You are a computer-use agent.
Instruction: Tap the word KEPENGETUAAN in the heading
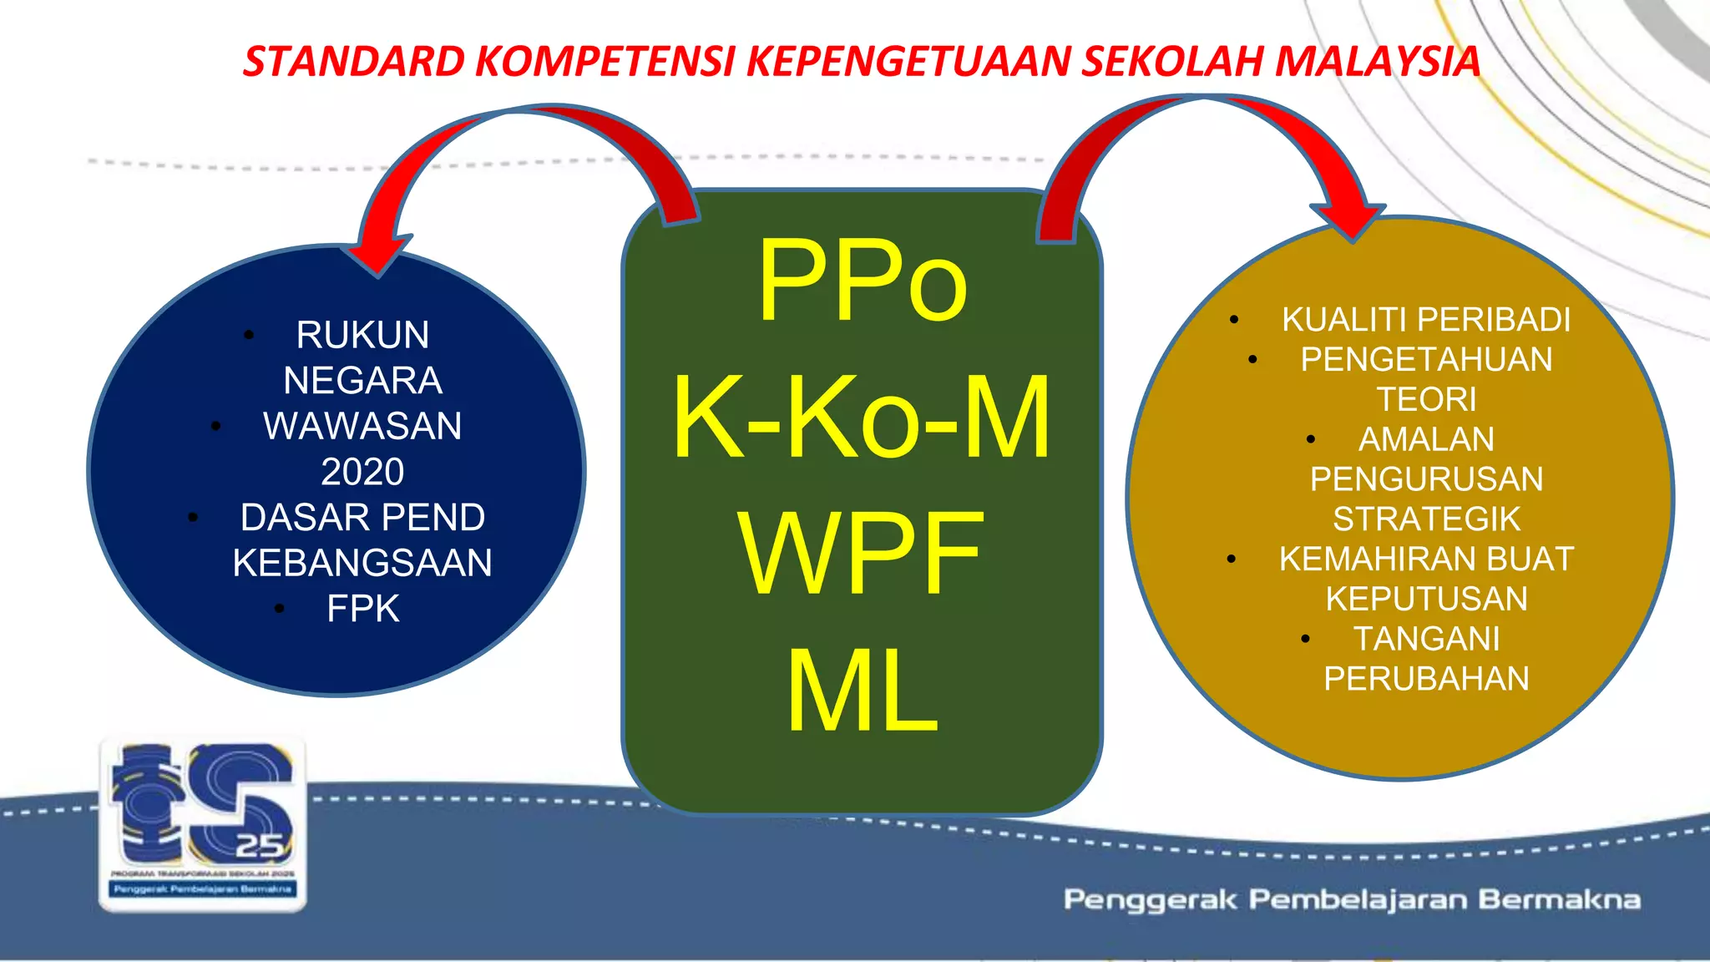pyautogui.click(x=907, y=62)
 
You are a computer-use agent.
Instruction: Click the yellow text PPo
pyautogui.click(x=863, y=281)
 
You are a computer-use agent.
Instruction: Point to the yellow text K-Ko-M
pyautogui.click(x=862, y=418)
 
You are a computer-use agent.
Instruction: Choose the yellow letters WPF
pyautogui.click(x=862, y=554)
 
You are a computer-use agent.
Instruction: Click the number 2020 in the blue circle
pyautogui.click(x=362, y=473)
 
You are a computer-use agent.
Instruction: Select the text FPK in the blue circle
pyautogui.click(x=362, y=609)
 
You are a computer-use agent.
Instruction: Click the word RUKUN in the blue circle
pyautogui.click(x=362, y=336)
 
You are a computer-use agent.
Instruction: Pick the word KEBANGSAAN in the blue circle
pyautogui.click(x=362, y=563)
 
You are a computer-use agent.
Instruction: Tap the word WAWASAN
pyautogui.click(x=362, y=427)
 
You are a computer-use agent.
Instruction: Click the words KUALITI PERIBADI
pyautogui.click(x=1426, y=320)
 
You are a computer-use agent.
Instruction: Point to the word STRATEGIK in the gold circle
pyautogui.click(x=1426, y=519)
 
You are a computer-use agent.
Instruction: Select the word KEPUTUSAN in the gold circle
pyautogui.click(x=1426, y=599)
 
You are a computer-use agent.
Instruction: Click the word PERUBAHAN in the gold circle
pyautogui.click(x=1426, y=679)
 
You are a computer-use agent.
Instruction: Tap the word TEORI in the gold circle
pyautogui.click(x=1426, y=399)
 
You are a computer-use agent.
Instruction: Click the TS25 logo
pyautogui.click(x=203, y=823)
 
